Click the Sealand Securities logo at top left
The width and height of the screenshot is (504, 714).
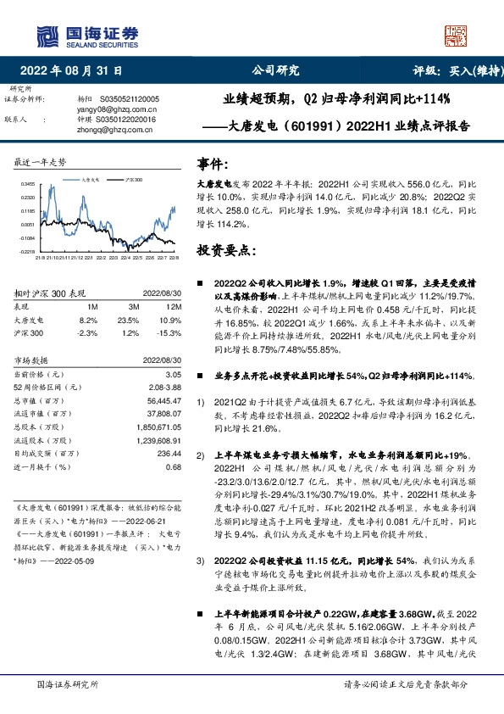pos(85,34)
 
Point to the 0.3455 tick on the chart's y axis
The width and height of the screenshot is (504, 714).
pos(28,183)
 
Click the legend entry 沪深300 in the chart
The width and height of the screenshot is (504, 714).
pos(134,181)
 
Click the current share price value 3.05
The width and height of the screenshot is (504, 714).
pos(172,374)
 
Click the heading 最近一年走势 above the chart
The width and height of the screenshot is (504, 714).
pos(41,161)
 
